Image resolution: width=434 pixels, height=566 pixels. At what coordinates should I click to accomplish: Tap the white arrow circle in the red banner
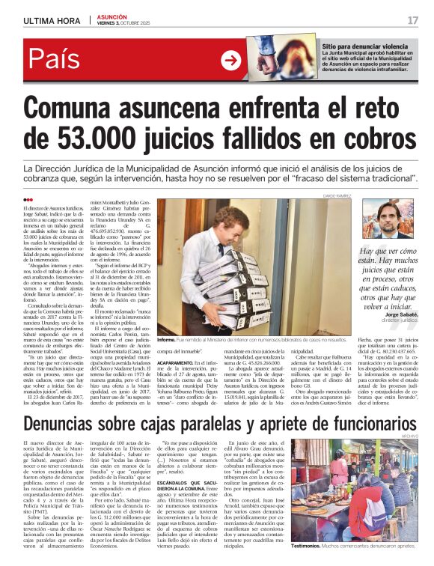230,61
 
